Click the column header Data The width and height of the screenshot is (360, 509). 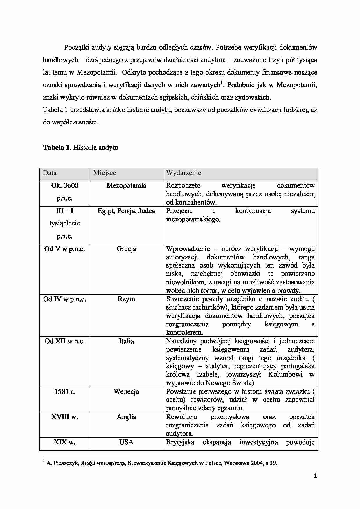[x=50, y=173]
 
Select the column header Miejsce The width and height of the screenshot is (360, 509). [x=105, y=173]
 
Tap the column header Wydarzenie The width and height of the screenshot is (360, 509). [x=183, y=173]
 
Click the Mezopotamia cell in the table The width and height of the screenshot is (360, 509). [x=126, y=186]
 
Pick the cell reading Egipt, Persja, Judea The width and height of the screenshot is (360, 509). [x=126, y=211]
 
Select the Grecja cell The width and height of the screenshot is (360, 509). [x=126, y=249]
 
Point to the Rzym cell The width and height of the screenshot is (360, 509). [x=126, y=299]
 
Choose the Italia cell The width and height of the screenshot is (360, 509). [x=126, y=341]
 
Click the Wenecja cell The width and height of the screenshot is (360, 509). [x=126, y=392]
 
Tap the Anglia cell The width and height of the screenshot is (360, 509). [x=126, y=417]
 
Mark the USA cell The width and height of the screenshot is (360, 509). [x=126, y=442]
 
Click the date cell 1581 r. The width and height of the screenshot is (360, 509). [x=65, y=392]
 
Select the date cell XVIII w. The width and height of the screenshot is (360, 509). [x=65, y=417]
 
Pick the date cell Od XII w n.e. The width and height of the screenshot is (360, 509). [x=65, y=341]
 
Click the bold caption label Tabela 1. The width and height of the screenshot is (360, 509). [x=57, y=148]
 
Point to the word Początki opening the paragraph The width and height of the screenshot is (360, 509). [x=77, y=47]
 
